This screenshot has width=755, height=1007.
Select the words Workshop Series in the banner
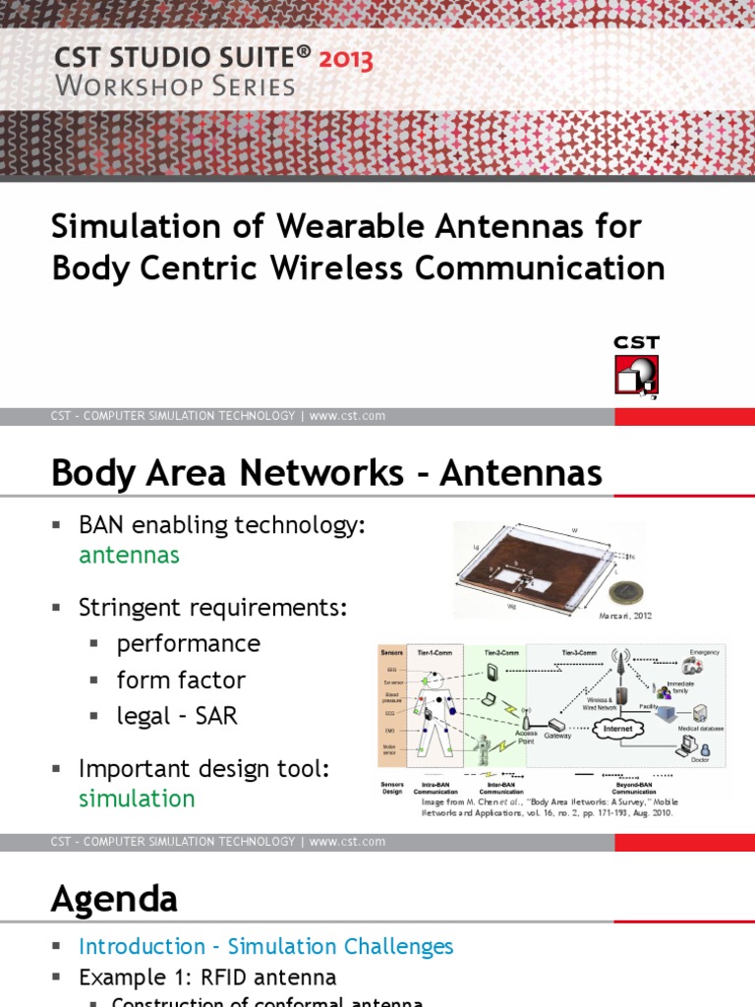[175, 87]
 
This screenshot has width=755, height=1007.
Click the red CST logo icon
[636, 375]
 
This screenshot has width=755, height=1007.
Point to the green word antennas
[129, 555]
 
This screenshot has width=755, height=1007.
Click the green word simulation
[137, 798]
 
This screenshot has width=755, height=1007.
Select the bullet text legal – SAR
[177, 715]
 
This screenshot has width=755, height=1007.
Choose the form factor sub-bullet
[181, 680]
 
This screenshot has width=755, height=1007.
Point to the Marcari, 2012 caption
[625, 616]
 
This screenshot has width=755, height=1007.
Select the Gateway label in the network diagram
[557, 736]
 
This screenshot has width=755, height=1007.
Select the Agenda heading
[114, 898]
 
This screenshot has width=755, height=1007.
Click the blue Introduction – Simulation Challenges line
[265, 946]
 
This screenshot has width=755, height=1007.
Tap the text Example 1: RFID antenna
[207, 977]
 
